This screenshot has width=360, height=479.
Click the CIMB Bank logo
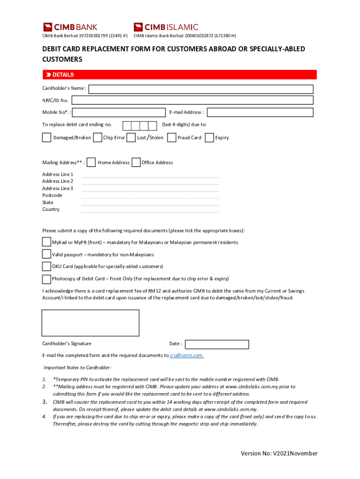pos(70,27)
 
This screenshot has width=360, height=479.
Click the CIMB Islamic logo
pos(166,27)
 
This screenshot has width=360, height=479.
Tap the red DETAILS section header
pos(179,75)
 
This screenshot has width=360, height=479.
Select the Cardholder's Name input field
pos(201,89)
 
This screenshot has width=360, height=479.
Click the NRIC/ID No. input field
pos(192,100)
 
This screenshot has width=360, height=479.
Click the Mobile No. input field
pos(119,112)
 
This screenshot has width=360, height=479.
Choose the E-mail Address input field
pos(260,112)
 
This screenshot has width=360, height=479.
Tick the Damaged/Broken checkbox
pos(47,138)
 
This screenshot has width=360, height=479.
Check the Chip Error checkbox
pos(98,138)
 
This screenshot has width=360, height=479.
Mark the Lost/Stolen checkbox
pos(131,138)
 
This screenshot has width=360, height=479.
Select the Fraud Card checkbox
pos(172,138)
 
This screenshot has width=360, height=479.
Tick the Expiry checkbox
pos(209,138)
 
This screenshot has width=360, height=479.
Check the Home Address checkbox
pos(92,162)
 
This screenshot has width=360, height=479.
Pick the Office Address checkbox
pos(136,162)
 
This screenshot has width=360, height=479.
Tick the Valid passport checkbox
pos(46,254)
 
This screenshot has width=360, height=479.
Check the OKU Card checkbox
pos(46,266)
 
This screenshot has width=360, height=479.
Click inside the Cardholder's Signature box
pos(90,323)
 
